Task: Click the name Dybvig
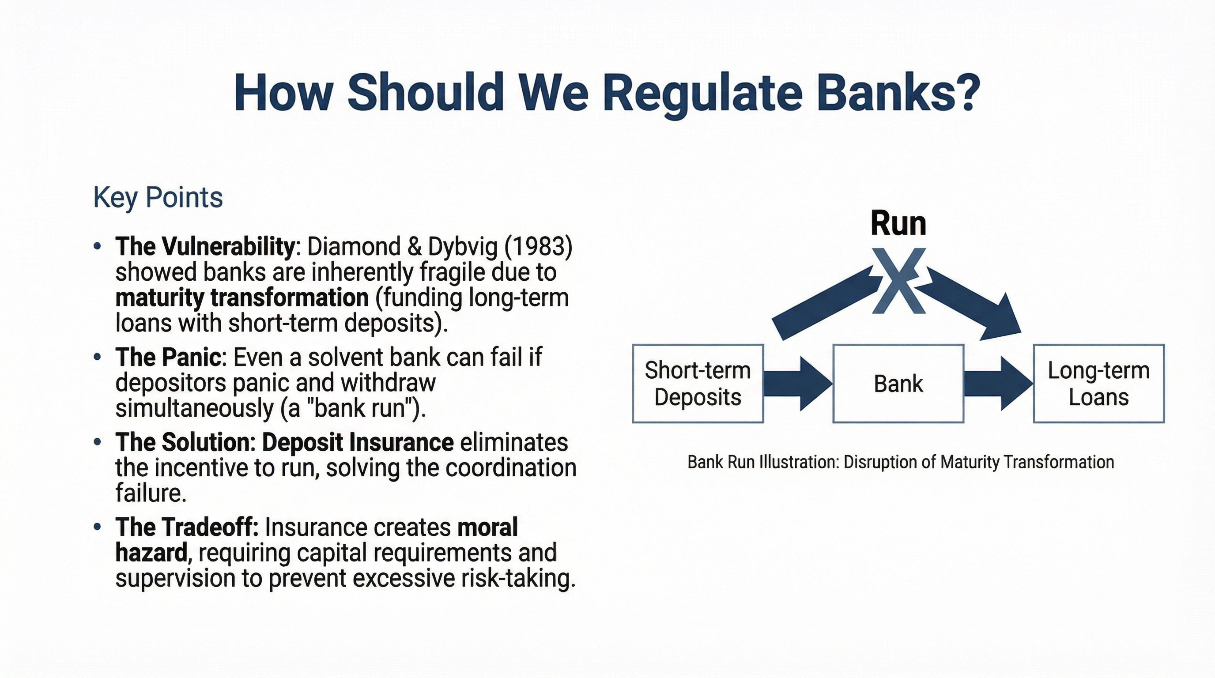click(x=463, y=247)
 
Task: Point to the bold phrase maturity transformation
click(x=241, y=298)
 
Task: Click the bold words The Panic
click(x=167, y=357)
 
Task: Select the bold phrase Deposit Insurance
click(x=358, y=442)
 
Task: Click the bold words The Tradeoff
click(x=186, y=527)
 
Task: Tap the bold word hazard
click(x=151, y=553)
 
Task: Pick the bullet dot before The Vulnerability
click(x=98, y=246)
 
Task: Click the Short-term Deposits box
click(x=698, y=383)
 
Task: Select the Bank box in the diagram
click(x=898, y=383)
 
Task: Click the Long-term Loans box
click(x=1098, y=383)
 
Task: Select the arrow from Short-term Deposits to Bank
click(x=797, y=383)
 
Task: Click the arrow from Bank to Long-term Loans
click(x=998, y=383)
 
